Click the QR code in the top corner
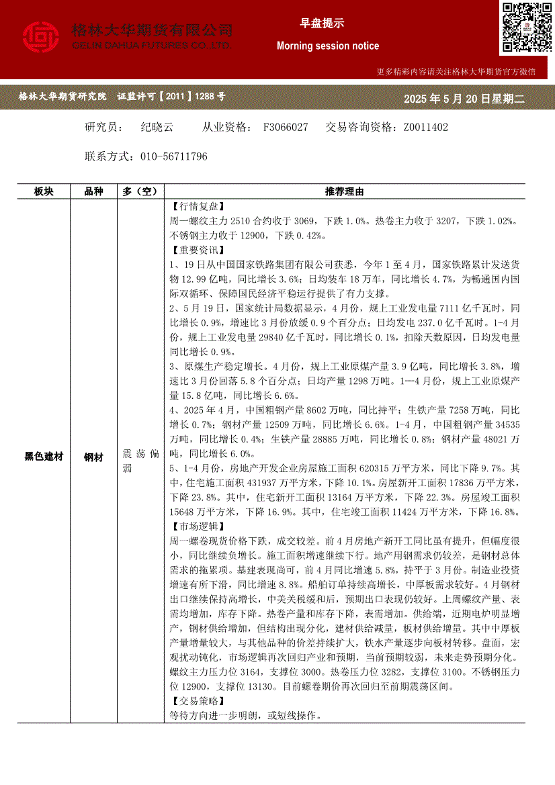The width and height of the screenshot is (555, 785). (526, 28)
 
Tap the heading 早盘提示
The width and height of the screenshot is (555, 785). (322, 24)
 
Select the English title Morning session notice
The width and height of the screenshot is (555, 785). (328, 46)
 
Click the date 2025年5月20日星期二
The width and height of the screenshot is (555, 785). (464, 99)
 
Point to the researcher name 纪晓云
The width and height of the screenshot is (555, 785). (157, 127)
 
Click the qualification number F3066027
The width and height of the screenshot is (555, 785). (286, 127)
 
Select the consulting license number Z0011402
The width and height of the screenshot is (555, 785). (425, 127)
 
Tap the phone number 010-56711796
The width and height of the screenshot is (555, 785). (174, 156)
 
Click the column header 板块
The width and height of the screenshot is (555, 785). (44, 191)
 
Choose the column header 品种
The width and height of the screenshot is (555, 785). (93, 191)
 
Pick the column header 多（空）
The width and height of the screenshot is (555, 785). (140, 191)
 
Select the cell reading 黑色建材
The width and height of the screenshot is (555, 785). (44, 457)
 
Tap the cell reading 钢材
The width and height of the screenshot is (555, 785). (93, 457)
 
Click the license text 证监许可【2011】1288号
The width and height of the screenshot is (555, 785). (171, 97)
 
